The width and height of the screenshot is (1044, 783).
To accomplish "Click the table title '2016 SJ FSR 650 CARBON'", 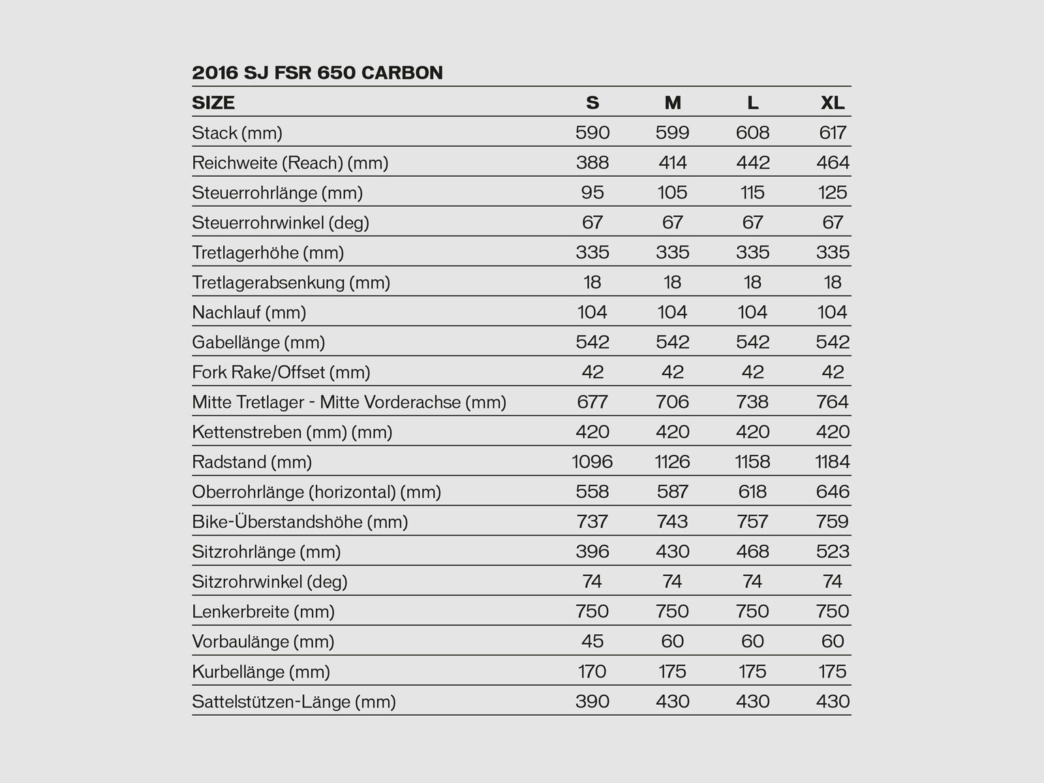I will pos(317,72).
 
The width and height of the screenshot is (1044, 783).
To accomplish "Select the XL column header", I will pos(833,102).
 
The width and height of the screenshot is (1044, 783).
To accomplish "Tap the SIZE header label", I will pos(213,102).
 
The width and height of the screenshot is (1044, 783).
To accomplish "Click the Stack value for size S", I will pos(592,132).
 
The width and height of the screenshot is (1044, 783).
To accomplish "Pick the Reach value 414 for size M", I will pos(672,162).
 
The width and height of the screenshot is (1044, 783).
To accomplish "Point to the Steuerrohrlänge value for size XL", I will pos(833,192).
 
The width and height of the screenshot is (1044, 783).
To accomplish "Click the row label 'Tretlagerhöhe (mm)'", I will pos(268,253).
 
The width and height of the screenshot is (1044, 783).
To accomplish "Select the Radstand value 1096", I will pos(592,462).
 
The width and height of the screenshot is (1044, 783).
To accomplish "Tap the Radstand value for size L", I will pos(752,462).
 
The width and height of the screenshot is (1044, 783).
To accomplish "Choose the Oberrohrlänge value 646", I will pos(833,491).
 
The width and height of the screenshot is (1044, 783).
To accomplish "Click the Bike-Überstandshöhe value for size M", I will pos(672,521).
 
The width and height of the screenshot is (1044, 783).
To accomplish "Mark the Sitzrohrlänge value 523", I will pos(833,551).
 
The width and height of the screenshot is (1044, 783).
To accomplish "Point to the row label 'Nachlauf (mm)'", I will pos(249,313).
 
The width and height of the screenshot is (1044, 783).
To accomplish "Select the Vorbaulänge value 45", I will pos(592,641).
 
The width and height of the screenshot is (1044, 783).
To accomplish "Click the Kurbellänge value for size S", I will pos(592,671).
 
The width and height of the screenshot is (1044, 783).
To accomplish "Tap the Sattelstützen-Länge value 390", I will pos(592,701).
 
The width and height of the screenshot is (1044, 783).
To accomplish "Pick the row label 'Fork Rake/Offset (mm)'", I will pos(281,373).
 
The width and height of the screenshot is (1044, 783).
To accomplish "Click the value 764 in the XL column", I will pos(833,402).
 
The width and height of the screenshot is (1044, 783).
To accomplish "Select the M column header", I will pos(672,102).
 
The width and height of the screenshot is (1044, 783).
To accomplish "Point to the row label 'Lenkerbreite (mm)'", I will pos(263,611).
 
